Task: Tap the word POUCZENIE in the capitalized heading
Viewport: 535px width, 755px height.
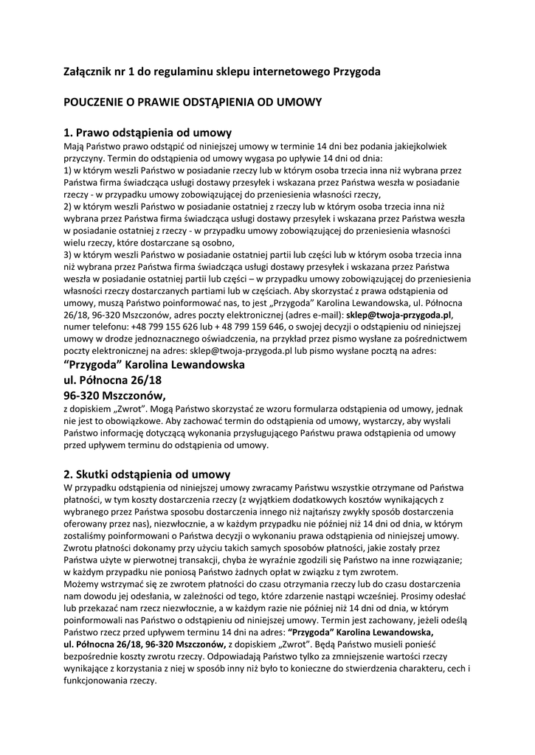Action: (97, 102)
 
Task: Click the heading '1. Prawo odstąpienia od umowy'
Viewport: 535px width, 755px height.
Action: (148, 133)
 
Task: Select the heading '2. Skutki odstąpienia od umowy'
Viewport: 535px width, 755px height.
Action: (148, 473)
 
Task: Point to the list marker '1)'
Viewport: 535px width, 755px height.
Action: (69, 170)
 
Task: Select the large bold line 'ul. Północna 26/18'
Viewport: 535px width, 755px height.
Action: (113, 380)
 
